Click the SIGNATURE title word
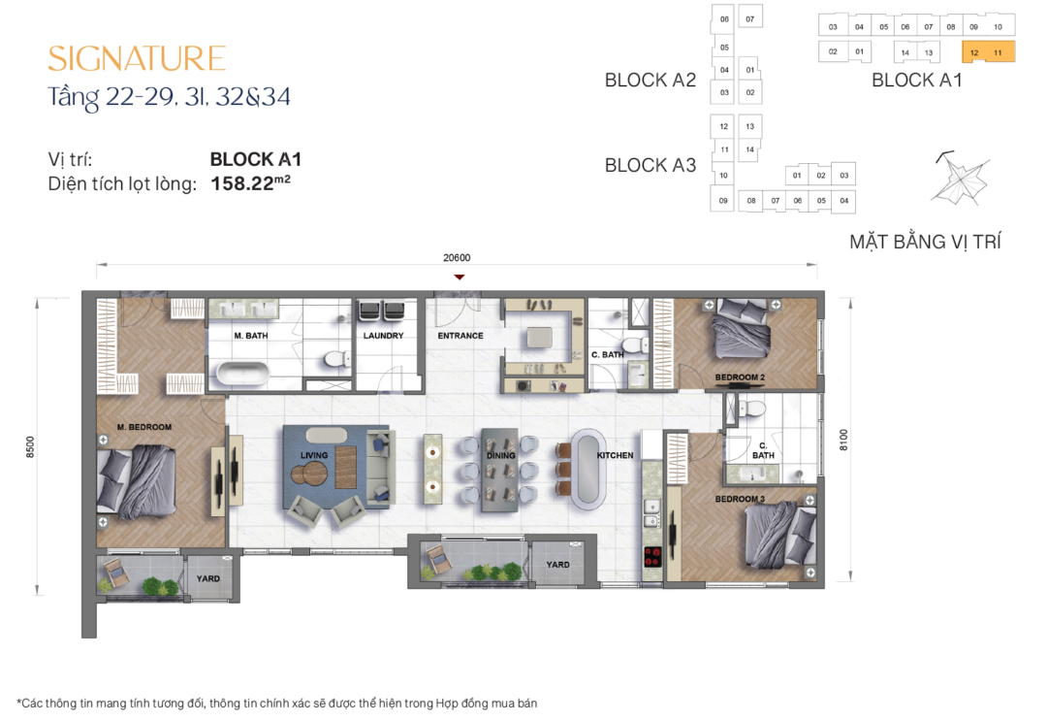[x=137, y=58]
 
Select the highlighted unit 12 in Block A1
[x=974, y=52]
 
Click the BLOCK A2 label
[x=650, y=81]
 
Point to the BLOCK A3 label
[x=650, y=166]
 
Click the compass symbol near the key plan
[x=957, y=179]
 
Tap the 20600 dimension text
[x=456, y=258]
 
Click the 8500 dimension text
[x=31, y=447]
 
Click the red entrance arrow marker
[x=460, y=278]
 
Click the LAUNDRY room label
[x=383, y=337]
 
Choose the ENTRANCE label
[x=460, y=337]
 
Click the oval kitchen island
[x=588, y=470]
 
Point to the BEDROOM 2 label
[x=740, y=377]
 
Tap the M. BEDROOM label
[x=144, y=427]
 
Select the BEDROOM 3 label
[x=740, y=499]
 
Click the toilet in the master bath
[x=335, y=359]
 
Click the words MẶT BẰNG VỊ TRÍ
[x=925, y=242]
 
